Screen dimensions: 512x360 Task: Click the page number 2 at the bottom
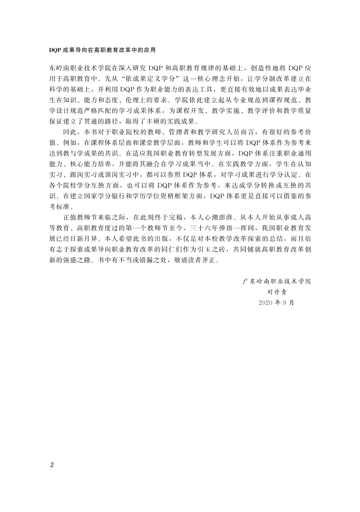(52, 465)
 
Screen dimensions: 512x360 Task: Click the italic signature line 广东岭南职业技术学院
(277, 282)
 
